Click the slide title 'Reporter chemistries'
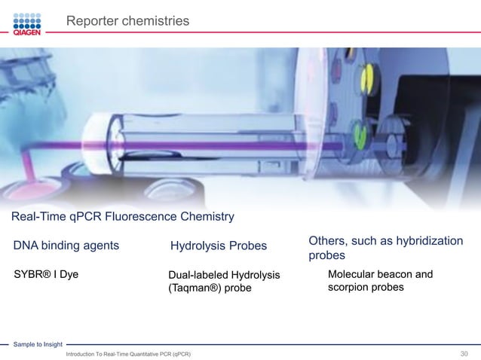pyautogui.click(x=127, y=22)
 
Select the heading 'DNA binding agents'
pyautogui.click(x=66, y=245)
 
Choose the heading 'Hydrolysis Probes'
pyautogui.click(x=219, y=246)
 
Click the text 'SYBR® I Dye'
pyautogui.click(x=46, y=274)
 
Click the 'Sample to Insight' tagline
pyautogui.click(x=37, y=344)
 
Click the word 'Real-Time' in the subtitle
pyautogui.click(x=35, y=218)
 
